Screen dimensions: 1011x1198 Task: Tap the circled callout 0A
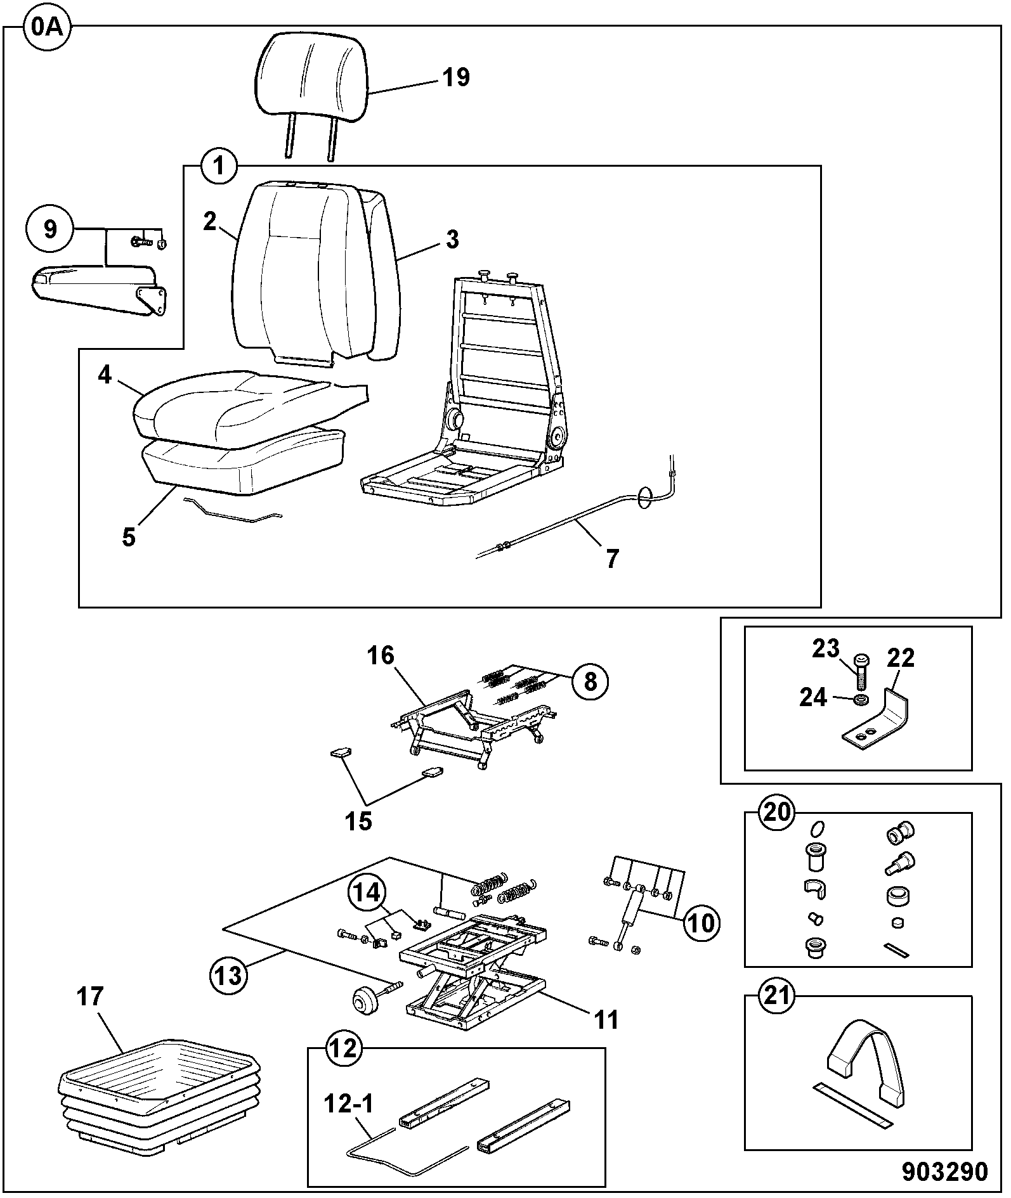[48, 27]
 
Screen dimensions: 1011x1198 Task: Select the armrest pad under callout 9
[98, 289]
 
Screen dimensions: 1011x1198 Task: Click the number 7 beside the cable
[611, 559]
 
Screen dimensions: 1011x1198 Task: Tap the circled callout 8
[589, 682]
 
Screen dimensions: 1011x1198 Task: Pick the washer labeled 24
[861, 700]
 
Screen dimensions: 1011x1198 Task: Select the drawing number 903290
[945, 1172]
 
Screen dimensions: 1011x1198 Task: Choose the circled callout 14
[368, 892]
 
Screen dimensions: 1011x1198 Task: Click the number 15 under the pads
[358, 821]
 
